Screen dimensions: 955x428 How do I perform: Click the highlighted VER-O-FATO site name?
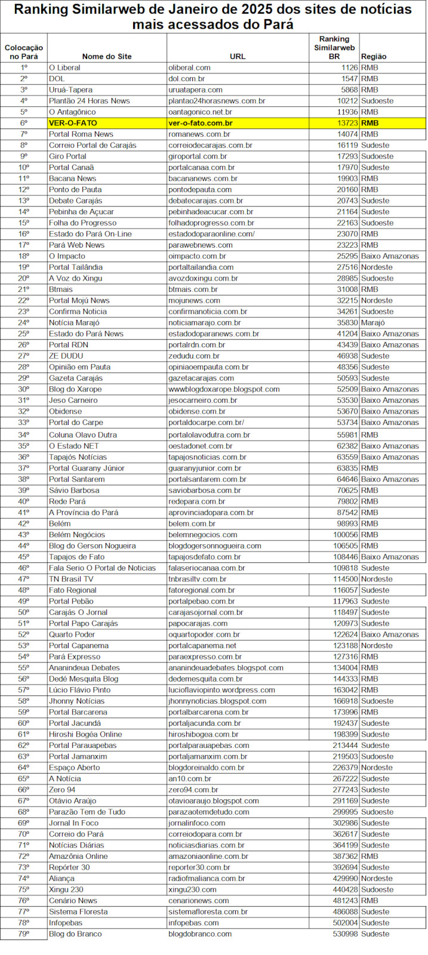click(x=73, y=123)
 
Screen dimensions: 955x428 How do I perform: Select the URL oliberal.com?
click(x=189, y=67)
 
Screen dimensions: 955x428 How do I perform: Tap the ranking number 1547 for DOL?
click(x=349, y=79)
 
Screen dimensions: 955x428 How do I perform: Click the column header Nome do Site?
click(x=107, y=57)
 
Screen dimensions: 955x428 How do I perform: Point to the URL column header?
click(x=238, y=57)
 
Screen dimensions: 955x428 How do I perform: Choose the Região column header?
click(x=374, y=57)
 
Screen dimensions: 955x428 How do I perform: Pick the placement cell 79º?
click(x=23, y=934)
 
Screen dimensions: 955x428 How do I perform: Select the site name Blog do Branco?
click(x=75, y=934)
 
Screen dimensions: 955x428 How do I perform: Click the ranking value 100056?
click(x=346, y=535)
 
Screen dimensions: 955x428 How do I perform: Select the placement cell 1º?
click(x=24, y=67)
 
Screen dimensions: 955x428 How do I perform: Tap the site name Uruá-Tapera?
click(x=70, y=90)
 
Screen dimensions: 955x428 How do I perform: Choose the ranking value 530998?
click(x=346, y=934)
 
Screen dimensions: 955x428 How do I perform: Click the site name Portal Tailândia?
click(x=76, y=267)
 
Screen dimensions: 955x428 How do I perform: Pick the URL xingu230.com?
click(x=192, y=889)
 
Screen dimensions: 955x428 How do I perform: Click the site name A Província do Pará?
click(x=84, y=512)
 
